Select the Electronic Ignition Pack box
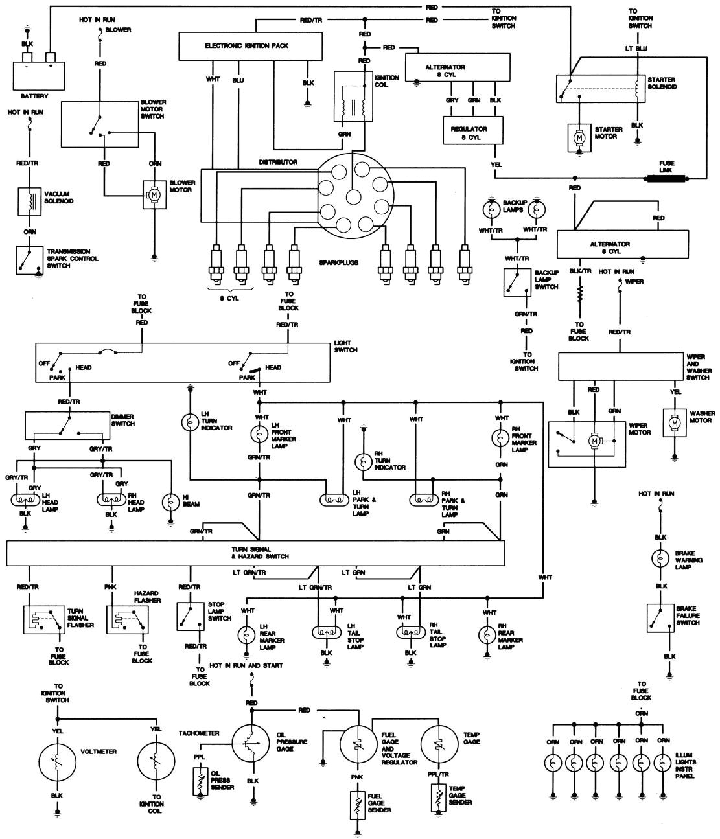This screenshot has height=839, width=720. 251,47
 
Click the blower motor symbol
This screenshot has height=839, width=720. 154,194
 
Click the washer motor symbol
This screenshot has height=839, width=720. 674,422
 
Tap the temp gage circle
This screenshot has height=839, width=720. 440,741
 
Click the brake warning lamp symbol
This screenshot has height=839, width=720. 660,559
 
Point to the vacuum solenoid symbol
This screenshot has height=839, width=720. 29,201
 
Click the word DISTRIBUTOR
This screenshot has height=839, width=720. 279,162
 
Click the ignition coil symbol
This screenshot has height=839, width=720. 353,97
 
